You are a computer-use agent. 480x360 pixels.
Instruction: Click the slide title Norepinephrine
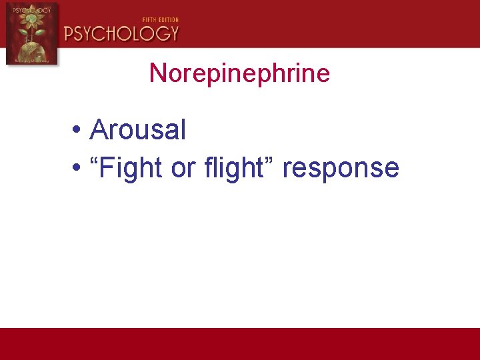(239, 73)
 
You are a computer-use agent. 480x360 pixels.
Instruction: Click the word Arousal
(137, 129)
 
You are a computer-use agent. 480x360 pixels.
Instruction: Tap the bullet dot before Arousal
(78, 131)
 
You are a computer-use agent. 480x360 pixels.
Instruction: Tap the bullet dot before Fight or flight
(78, 169)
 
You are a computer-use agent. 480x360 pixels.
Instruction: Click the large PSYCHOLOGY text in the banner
(121, 33)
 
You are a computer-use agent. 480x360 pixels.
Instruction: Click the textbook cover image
(31, 33)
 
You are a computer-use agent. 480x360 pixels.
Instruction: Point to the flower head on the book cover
(31, 23)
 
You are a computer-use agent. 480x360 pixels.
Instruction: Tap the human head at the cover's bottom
(31, 53)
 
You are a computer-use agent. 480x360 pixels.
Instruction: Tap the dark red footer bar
(240, 343)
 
